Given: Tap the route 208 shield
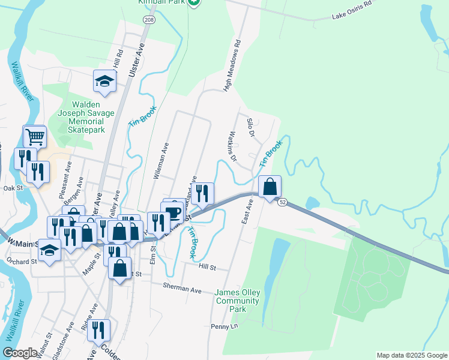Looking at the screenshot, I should (x=148, y=20).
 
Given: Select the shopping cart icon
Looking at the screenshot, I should (x=35, y=137).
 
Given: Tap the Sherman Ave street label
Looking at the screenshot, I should (x=182, y=288).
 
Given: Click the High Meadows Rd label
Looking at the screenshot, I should (x=232, y=66).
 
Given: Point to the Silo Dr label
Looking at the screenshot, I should (x=251, y=127).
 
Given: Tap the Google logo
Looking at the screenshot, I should (x=20, y=352).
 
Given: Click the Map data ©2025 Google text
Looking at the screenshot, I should (x=411, y=355).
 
